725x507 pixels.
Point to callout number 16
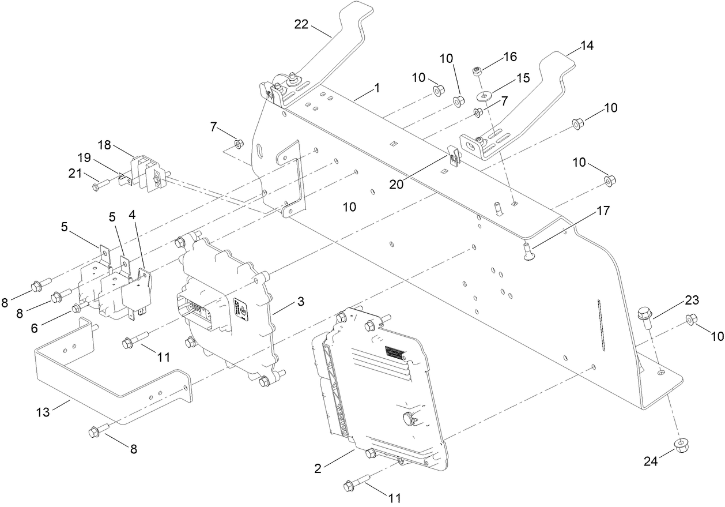[x=510, y=57]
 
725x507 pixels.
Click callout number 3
[x=301, y=302]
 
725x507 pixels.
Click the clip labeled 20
[x=453, y=157]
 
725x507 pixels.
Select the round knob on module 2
[x=410, y=418]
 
